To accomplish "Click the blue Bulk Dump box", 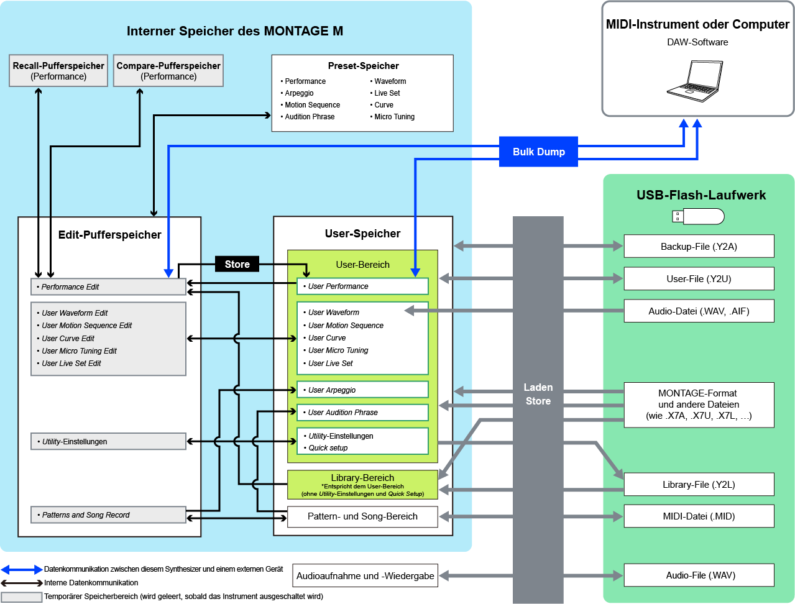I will [x=538, y=152].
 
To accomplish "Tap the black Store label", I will [x=237, y=264].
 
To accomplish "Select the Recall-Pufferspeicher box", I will [x=58, y=71].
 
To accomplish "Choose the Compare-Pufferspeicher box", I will [x=168, y=71].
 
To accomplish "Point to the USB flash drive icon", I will [x=699, y=216].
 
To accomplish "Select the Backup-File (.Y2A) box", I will [x=699, y=247].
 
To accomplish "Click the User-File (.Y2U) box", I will [x=699, y=279].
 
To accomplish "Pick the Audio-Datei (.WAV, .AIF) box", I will [x=699, y=311].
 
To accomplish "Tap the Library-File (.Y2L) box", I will [x=699, y=485].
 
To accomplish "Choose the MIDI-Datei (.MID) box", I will [x=699, y=516].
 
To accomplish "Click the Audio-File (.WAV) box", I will [x=699, y=575].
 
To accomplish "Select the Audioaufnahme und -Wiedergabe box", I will [x=365, y=576].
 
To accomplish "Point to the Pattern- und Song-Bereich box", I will [x=362, y=516].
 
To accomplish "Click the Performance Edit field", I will [x=108, y=287].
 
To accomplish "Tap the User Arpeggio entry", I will [x=363, y=390].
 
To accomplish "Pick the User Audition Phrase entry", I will [x=363, y=413].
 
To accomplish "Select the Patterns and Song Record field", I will [x=108, y=515].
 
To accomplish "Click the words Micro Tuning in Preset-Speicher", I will [x=394, y=117].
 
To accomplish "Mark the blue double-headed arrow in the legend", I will [x=22, y=569].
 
